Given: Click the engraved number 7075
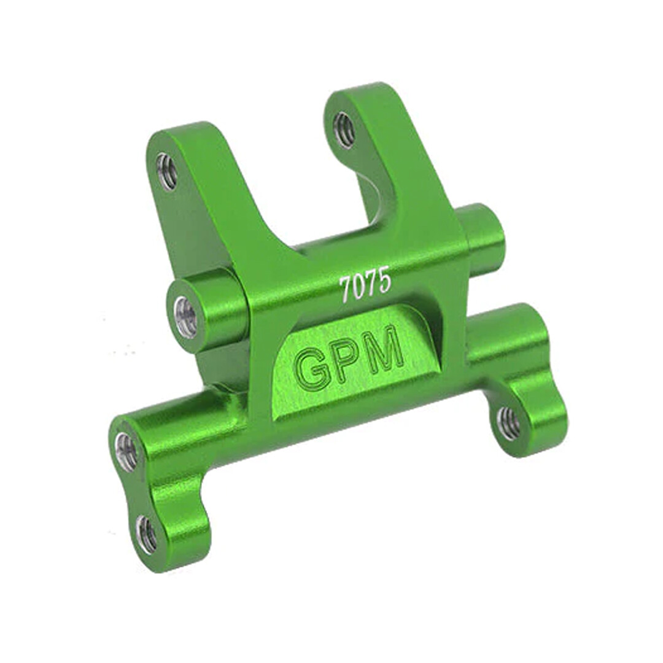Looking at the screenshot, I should [x=365, y=285].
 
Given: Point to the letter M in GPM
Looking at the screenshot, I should [x=385, y=352].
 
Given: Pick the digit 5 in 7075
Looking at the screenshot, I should [x=384, y=281].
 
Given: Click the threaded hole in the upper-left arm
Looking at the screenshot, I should [x=166, y=171].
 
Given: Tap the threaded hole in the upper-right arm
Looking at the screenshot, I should [x=344, y=130].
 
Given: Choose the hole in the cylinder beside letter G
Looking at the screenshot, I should [x=185, y=317].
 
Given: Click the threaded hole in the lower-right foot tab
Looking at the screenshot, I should [x=508, y=423].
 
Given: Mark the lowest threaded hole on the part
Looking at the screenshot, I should [x=146, y=534].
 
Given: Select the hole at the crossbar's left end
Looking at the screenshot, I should [x=126, y=452].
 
